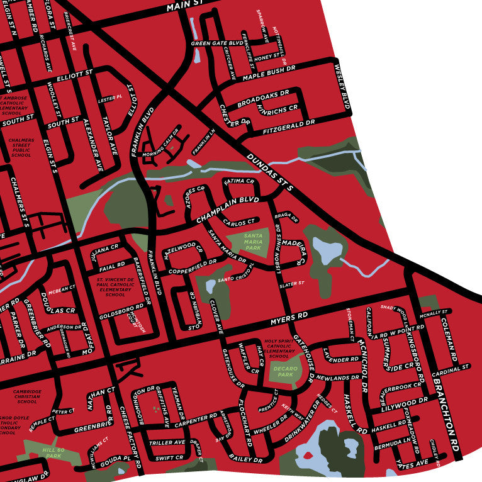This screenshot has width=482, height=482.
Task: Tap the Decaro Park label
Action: pos(286,369)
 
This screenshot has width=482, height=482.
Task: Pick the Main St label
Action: pos(182,6)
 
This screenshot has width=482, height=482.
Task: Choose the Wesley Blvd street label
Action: pos(341,86)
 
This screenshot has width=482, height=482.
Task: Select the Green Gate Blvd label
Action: pos(217,43)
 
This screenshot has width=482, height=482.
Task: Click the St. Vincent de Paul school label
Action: pos(116,286)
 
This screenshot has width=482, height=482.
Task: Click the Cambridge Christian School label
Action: pos(27,396)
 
